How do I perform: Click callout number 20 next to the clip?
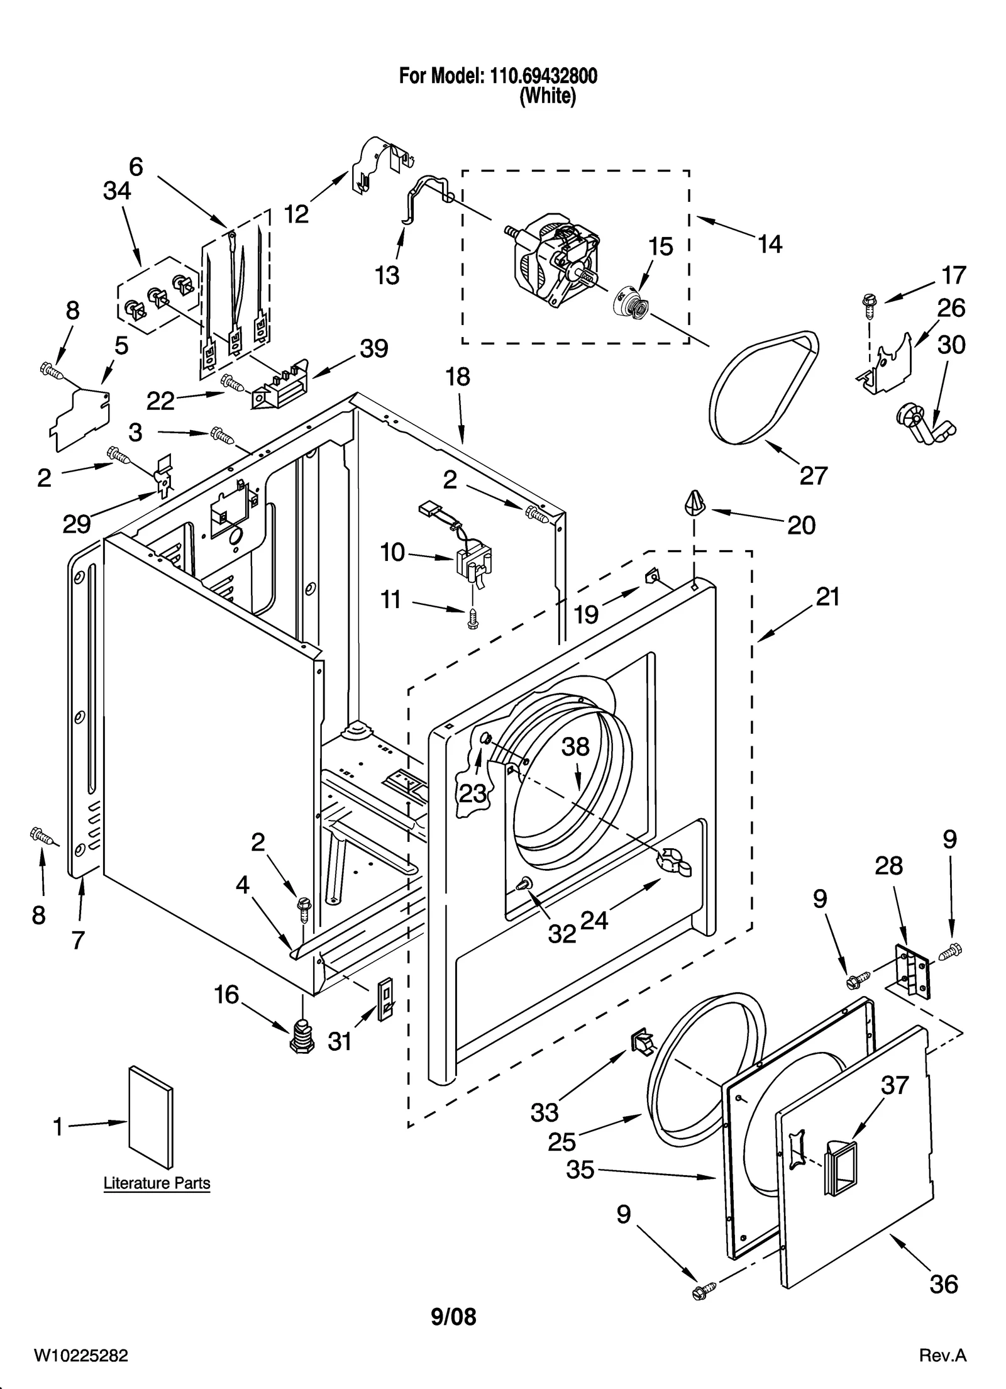801,525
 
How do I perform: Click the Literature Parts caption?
157,1183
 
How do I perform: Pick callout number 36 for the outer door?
944,1284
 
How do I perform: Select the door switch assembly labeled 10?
473,562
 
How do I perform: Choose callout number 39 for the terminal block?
373,348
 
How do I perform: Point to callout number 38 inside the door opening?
575,746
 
